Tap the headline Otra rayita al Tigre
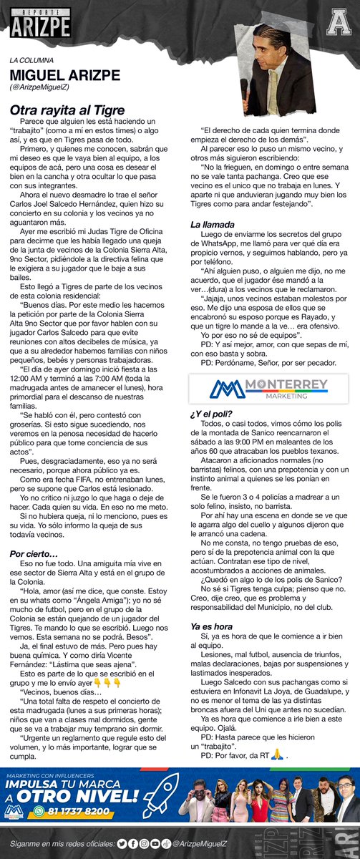tap(67, 110)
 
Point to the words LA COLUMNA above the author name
tap(33, 60)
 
